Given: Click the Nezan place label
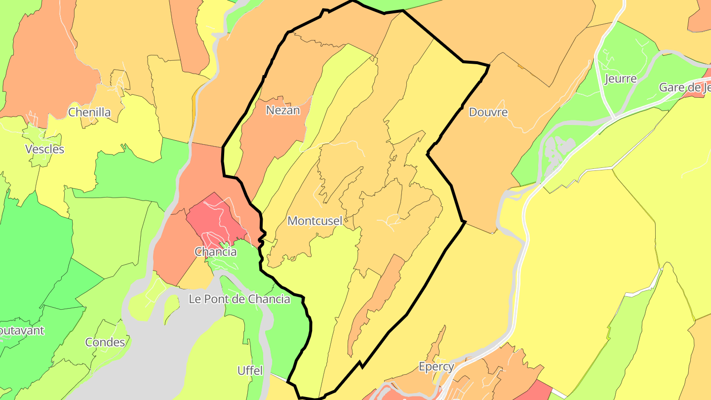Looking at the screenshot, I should point(283,110).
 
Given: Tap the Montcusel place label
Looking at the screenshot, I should point(315,221).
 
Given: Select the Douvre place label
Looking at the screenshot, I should point(488,112).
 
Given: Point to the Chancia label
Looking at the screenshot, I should point(215,252).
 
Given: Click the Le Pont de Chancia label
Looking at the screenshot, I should point(239,299).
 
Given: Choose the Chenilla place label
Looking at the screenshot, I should point(89,112).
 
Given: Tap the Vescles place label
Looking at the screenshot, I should point(44,149).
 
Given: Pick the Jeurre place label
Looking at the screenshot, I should point(620,79).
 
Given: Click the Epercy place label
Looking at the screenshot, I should point(436,367).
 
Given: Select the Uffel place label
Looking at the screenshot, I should point(250,370).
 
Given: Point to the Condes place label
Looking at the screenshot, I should point(105,342).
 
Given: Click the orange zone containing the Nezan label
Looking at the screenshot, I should point(276,133).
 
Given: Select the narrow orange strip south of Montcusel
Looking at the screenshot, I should point(375,301).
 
